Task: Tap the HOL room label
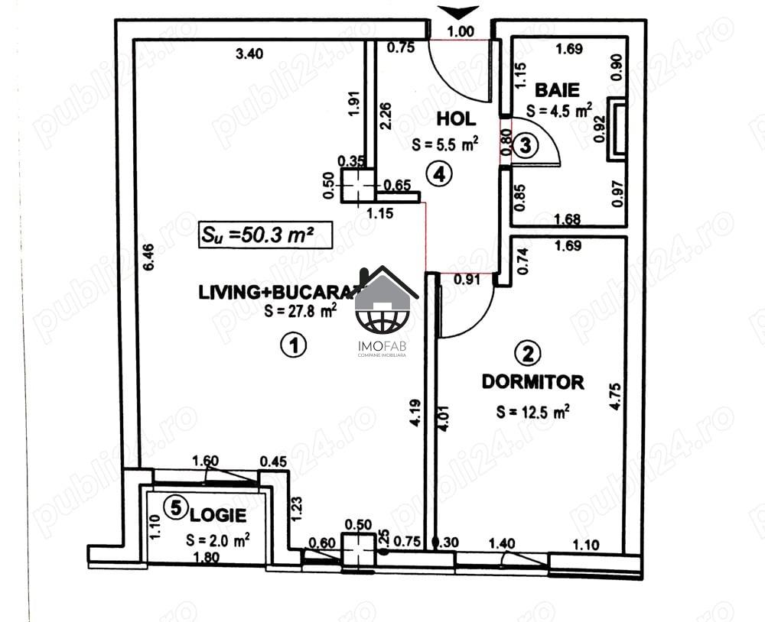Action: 456,118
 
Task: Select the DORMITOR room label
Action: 532,381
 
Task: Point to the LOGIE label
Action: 224,517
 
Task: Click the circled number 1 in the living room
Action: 293,345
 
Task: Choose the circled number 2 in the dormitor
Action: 529,353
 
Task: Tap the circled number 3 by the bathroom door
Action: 524,145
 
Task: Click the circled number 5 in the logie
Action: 177,507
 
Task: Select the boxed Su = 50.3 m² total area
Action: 264,234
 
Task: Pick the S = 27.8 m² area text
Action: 300,310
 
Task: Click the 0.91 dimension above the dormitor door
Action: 467,279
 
